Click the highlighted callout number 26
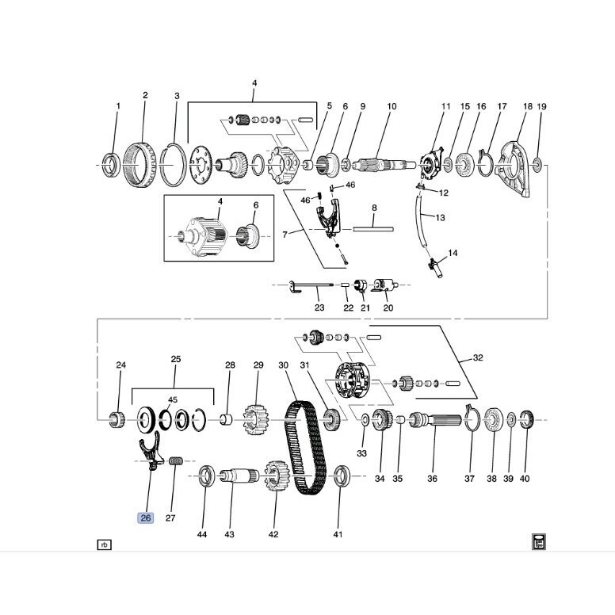point(146,518)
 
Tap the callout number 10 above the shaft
point(392,106)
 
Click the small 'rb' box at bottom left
point(105,544)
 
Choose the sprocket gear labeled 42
point(277,476)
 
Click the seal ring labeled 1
point(113,165)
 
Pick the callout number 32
point(478,357)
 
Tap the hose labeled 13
point(420,221)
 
